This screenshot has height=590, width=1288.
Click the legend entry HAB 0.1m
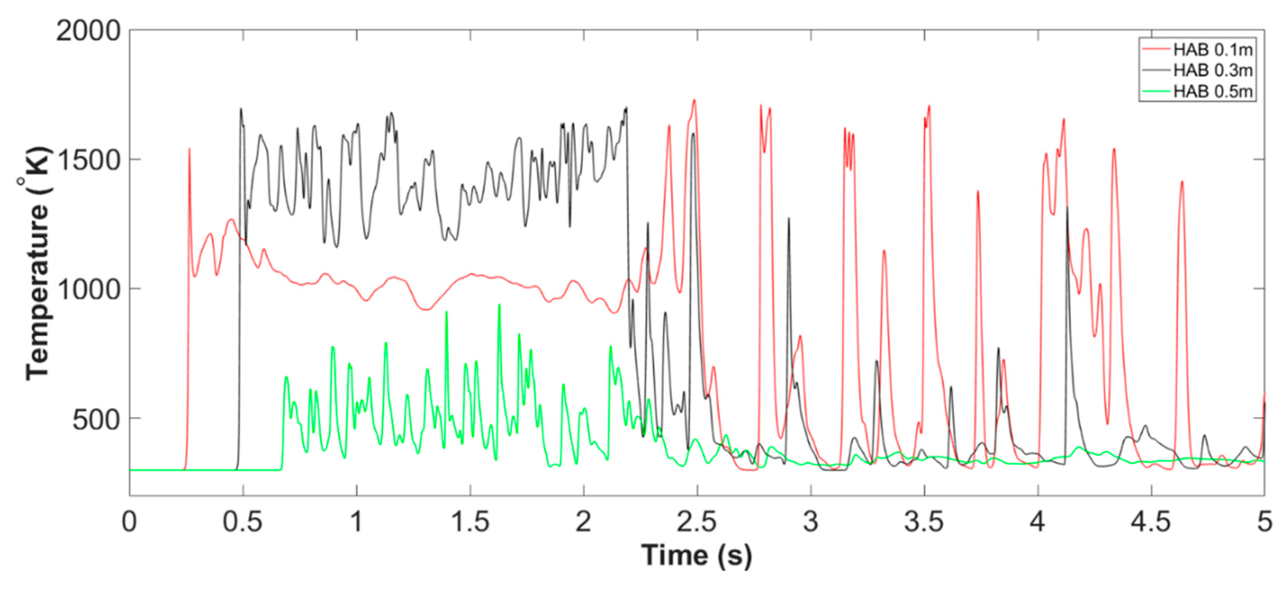(x=1212, y=50)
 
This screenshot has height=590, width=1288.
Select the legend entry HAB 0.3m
(x=1212, y=71)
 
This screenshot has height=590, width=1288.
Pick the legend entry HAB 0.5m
(x=1212, y=91)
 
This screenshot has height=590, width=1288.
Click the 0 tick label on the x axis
(x=129, y=522)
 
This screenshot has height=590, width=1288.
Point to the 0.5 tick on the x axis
(x=243, y=522)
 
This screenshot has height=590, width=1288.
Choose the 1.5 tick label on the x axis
(x=470, y=522)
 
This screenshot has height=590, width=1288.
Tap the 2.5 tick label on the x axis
(x=697, y=522)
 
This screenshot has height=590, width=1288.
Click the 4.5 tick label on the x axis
(x=1151, y=522)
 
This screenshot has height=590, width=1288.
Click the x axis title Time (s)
(x=696, y=555)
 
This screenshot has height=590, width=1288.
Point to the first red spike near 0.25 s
(x=189, y=149)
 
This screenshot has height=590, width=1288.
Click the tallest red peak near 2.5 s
(x=694, y=100)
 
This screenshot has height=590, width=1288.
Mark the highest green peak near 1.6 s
(x=499, y=305)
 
